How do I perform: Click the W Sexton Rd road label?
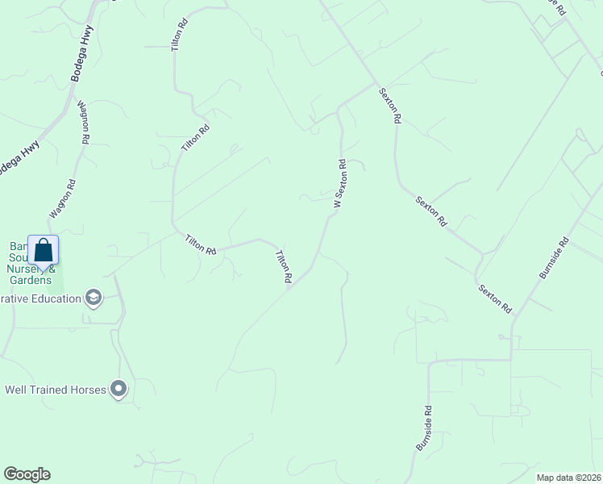click(340, 184)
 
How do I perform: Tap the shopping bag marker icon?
click(43, 250)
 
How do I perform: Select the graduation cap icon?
click(94, 298)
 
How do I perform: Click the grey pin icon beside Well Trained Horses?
click(119, 390)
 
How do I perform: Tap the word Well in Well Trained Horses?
click(16, 390)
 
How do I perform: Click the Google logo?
click(27, 474)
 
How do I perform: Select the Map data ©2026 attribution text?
click(568, 478)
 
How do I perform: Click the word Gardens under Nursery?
click(31, 280)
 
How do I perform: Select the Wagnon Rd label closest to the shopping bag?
click(62, 198)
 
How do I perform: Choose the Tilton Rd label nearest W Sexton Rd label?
click(284, 266)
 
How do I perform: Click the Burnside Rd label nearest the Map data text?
click(424, 428)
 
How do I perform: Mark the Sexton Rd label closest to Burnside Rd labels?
click(494, 298)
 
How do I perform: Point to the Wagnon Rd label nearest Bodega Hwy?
click(83, 122)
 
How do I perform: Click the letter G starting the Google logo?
click(10, 474)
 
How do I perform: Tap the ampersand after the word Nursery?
click(53, 269)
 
